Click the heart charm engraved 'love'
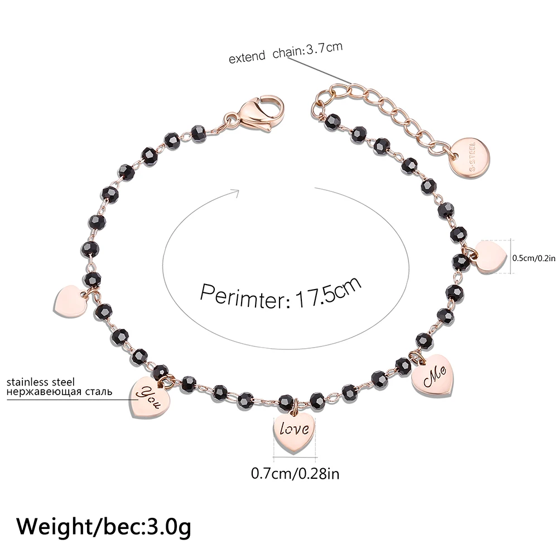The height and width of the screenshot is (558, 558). click(294, 431)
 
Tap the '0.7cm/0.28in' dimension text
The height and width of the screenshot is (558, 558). click(295, 474)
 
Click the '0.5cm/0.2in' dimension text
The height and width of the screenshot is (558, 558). click(534, 258)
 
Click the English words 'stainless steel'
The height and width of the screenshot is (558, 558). click(41, 382)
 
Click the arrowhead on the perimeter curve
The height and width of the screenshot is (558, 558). click(234, 193)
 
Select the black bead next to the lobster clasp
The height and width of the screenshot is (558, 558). click(198, 132)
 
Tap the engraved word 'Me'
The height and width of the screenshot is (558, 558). click(433, 379)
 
